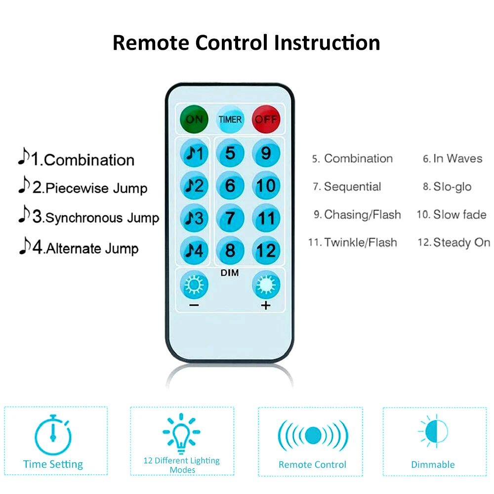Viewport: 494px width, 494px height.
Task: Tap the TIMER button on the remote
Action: pos(230,119)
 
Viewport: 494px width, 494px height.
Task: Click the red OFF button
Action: pos(266,119)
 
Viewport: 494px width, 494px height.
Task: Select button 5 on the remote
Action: pos(230,154)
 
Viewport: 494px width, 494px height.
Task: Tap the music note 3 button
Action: pos(195,218)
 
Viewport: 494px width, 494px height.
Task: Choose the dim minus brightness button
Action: pos(194,286)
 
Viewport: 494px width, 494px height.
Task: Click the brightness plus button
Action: pos(266,286)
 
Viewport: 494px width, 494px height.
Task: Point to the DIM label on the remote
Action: pos(230,273)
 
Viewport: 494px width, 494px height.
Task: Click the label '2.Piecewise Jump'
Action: pos(83,188)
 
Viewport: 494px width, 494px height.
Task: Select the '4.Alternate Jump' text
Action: pos(79,247)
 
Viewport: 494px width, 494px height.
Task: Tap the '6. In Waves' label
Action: pos(453,159)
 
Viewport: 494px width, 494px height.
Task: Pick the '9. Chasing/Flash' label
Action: pos(357,214)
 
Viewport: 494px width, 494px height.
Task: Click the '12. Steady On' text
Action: pos(454,243)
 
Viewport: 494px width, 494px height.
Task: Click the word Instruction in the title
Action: pos(327,42)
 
